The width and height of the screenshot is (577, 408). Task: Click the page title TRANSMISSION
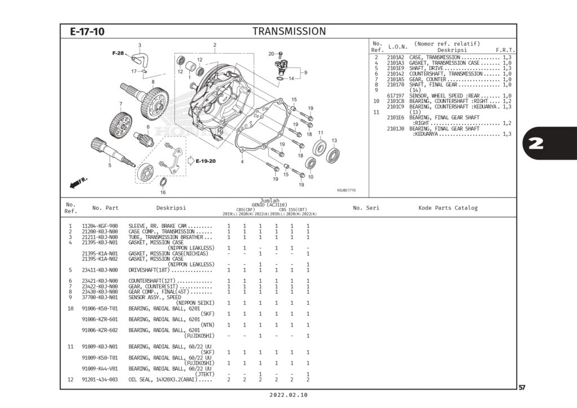(288, 31)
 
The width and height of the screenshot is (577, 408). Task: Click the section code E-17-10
(87, 32)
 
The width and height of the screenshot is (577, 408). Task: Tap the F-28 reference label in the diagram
(118, 53)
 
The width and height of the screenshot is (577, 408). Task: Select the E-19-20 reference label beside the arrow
(206, 161)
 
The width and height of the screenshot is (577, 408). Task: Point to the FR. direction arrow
(79, 182)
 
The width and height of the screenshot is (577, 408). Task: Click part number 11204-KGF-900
(100, 225)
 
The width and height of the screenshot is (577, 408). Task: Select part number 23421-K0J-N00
(100, 281)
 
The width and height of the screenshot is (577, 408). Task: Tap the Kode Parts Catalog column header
(447, 208)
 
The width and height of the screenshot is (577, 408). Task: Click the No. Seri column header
(366, 208)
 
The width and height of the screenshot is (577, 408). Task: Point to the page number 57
(522, 387)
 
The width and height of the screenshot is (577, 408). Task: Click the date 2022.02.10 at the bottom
(288, 396)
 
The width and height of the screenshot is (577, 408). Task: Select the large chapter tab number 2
(536, 144)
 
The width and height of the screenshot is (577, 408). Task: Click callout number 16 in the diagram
(163, 192)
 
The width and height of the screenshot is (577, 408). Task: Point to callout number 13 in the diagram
(334, 140)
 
